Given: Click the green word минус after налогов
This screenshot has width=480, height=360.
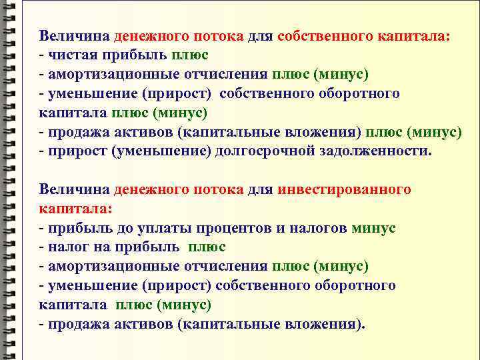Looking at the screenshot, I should coord(373,228).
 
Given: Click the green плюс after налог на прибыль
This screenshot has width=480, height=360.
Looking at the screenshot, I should coord(207,247).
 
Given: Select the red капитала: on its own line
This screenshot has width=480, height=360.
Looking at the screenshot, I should coord(76,209).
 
